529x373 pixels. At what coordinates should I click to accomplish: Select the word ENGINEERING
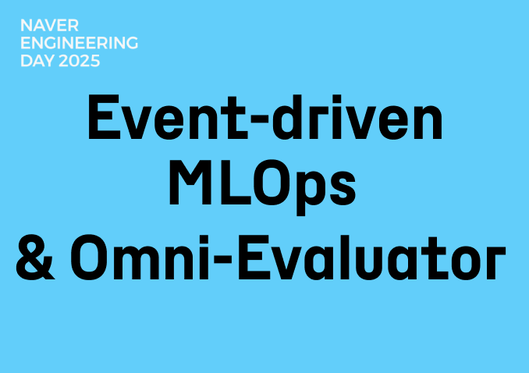(x=79, y=43)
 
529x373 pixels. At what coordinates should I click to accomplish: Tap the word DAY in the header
(x=35, y=61)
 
